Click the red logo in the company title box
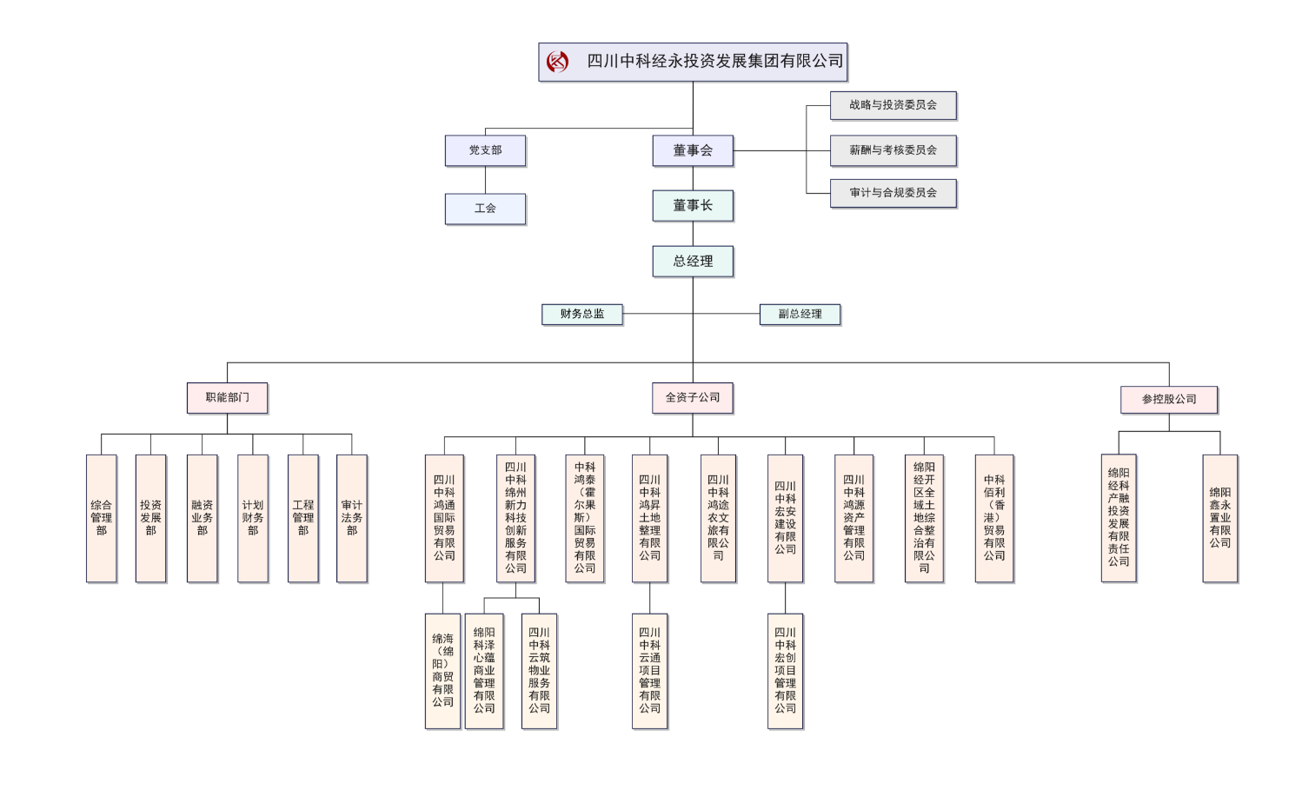point(557,62)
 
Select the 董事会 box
point(693,150)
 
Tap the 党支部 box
point(485,150)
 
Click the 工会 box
point(485,209)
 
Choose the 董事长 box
point(693,206)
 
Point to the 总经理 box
point(693,261)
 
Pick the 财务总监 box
point(581,314)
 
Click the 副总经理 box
point(800,314)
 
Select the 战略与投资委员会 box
point(893,105)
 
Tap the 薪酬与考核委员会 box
point(893,150)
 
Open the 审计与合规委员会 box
point(893,193)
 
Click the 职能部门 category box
point(227,398)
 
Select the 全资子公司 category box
point(693,398)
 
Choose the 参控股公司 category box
point(1168,399)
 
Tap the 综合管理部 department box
point(101,518)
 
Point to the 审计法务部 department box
point(351,518)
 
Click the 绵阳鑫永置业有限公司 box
point(1219,518)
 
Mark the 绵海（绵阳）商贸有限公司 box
point(442,671)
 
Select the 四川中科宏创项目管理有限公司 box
point(785,671)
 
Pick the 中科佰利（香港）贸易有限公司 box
point(993,518)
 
